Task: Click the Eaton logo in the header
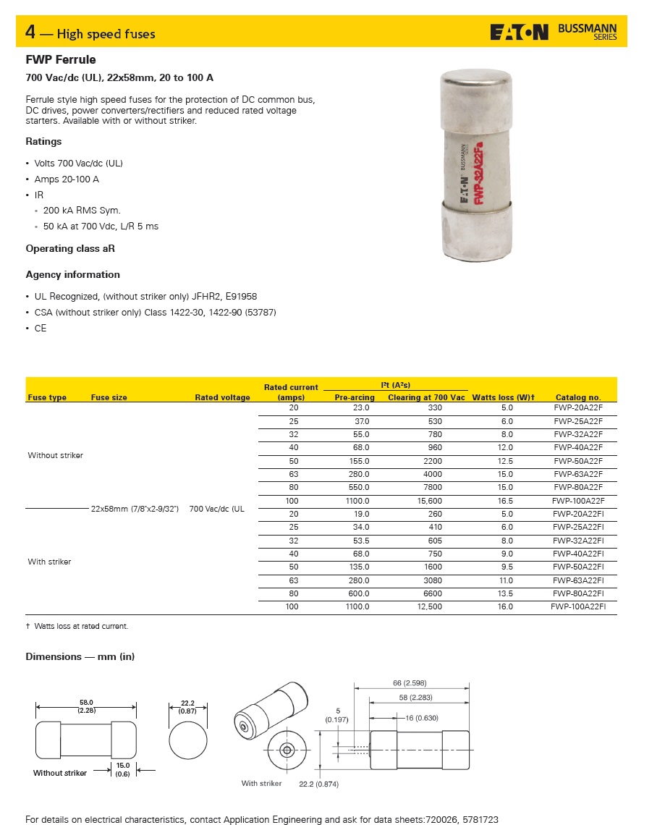(x=519, y=33)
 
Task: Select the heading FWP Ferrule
(x=61, y=60)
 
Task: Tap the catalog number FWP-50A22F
(x=578, y=461)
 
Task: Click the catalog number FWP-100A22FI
(x=577, y=607)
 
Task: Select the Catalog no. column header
(x=578, y=397)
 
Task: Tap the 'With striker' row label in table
(x=49, y=562)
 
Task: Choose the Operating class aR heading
(x=70, y=249)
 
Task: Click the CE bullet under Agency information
(x=41, y=329)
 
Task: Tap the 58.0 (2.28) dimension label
(x=86, y=706)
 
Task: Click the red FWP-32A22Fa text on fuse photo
(x=478, y=174)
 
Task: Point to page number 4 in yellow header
(x=30, y=33)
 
